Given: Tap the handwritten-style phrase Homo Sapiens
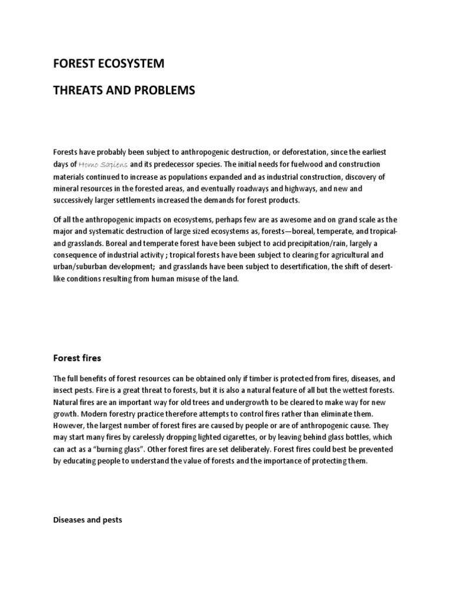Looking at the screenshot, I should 103,164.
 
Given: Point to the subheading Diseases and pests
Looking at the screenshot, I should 87,503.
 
